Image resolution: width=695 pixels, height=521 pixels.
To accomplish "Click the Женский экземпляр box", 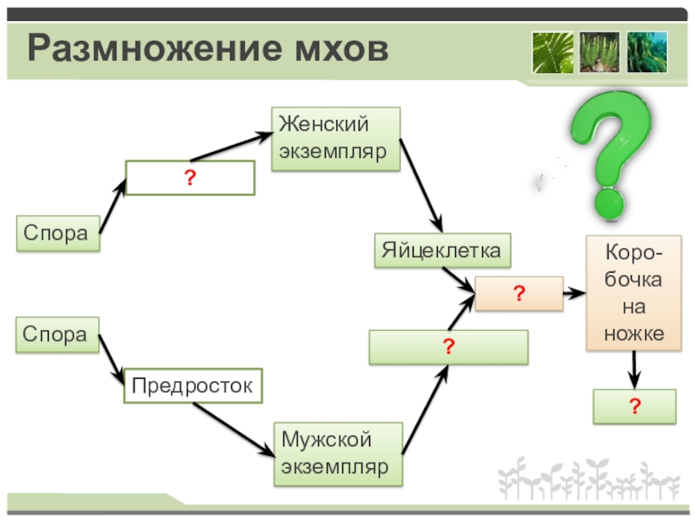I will coord(336,139).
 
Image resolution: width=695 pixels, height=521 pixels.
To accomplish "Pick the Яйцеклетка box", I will coord(442,251).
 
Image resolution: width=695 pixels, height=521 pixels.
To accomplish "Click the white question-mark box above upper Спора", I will coord(190,178).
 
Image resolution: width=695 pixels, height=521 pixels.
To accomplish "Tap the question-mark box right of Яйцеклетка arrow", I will coord(519,294).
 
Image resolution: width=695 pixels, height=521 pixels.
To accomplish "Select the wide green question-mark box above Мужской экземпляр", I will coord(448,347).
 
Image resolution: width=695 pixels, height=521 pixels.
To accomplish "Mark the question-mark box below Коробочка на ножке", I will coord(634,406).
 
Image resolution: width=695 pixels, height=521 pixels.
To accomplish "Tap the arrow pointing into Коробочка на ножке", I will coord(574,295).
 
